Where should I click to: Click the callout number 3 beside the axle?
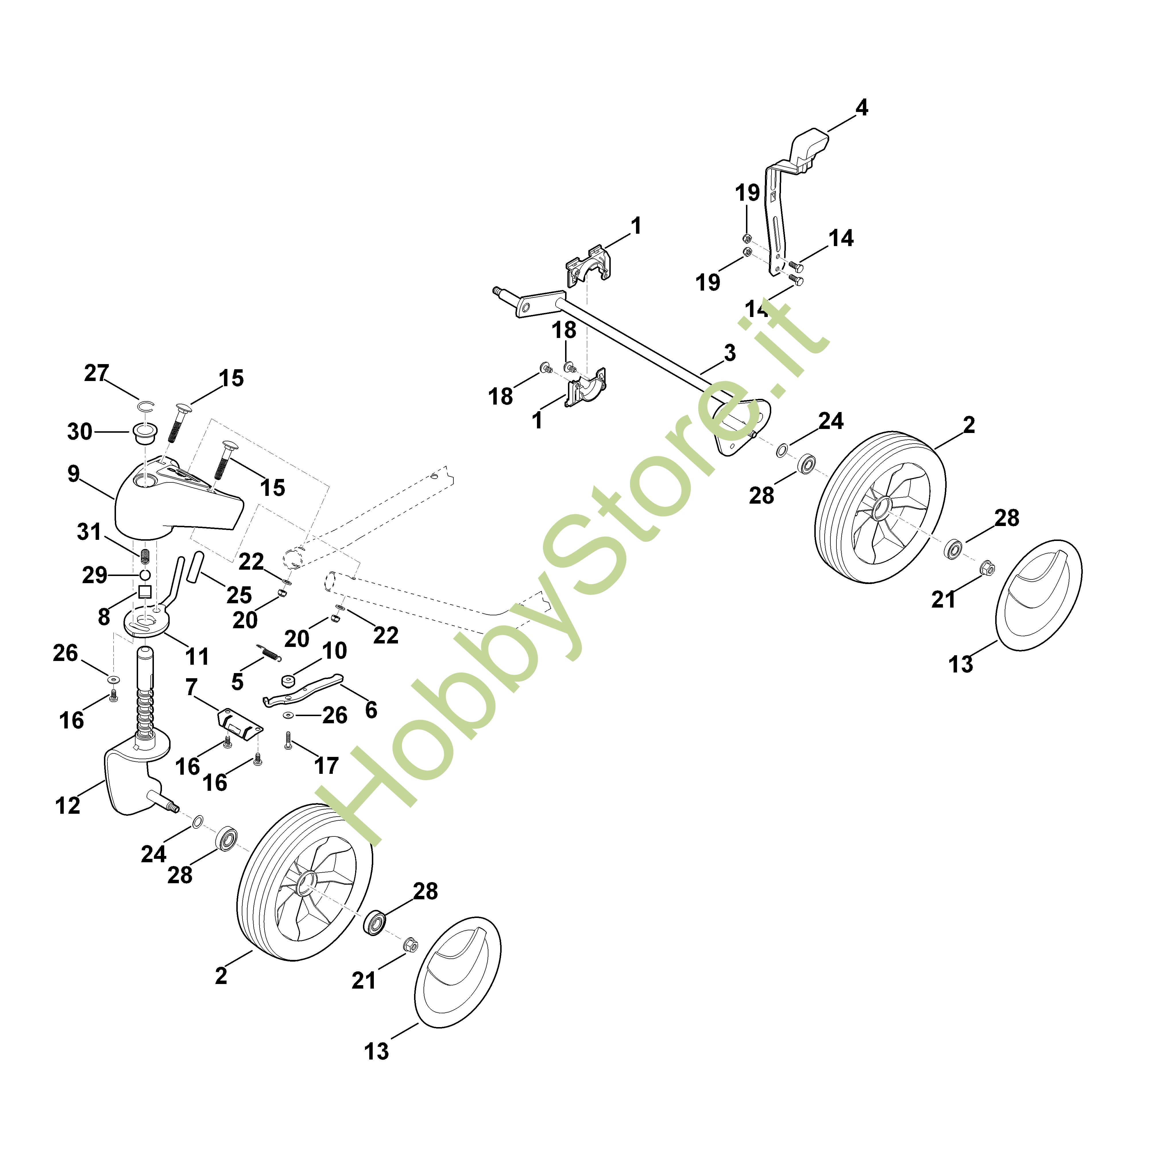[x=729, y=353]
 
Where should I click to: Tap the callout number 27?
[x=96, y=373]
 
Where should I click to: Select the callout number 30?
[x=80, y=431]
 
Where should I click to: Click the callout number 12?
[x=67, y=805]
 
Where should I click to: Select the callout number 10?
[x=335, y=650]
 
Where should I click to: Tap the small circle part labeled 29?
[x=145, y=575]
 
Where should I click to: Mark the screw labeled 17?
[x=288, y=742]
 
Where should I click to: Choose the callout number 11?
[x=197, y=656]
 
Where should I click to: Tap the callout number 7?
[x=192, y=687]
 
